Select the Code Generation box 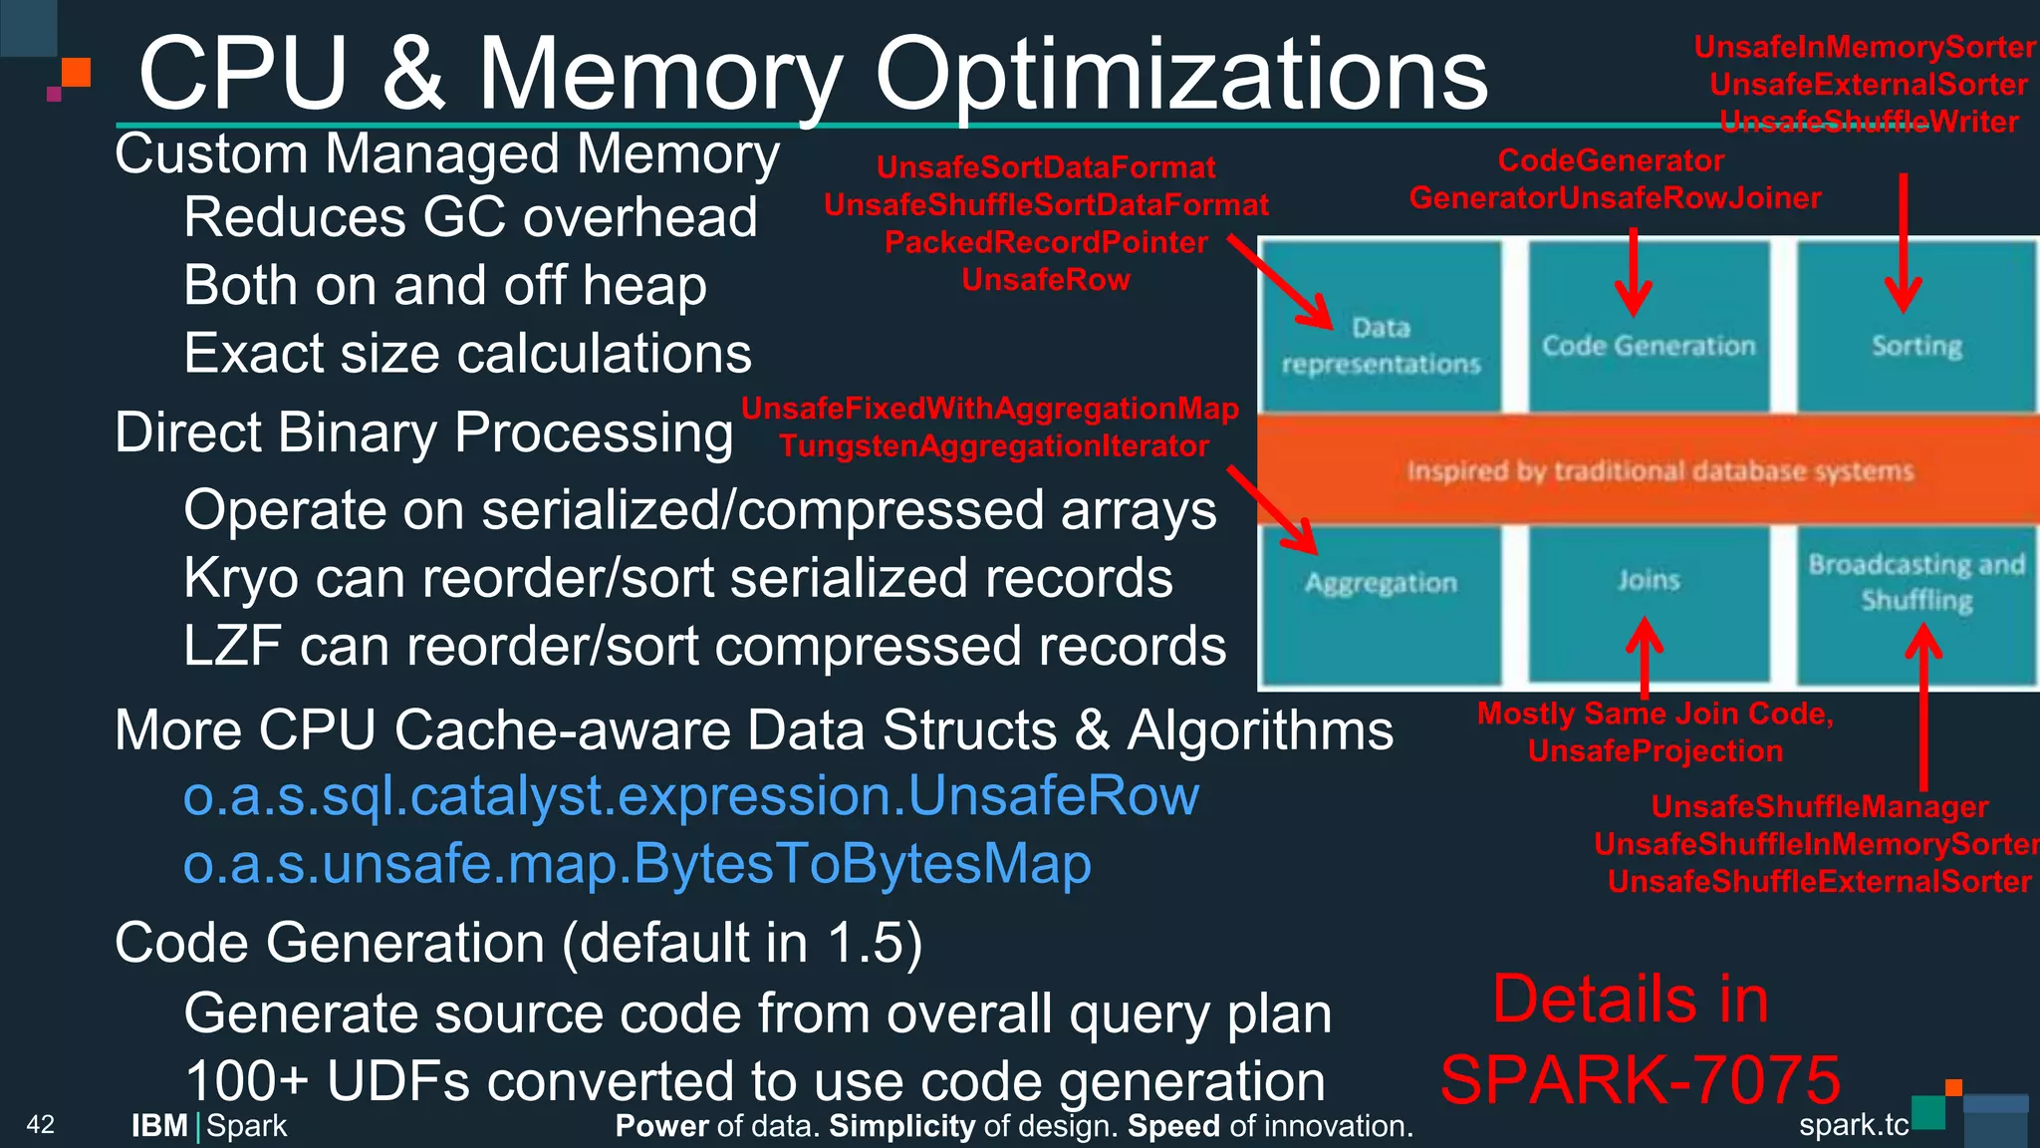tap(1649, 345)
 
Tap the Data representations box tap(1381, 345)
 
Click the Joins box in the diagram tap(1649, 580)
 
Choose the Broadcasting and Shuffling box tap(1916, 582)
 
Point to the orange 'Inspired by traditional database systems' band tap(1659, 470)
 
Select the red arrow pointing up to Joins tap(1645, 658)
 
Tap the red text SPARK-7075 tap(1640, 1080)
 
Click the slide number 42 tap(41, 1125)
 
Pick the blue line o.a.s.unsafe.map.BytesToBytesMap tap(637, 864)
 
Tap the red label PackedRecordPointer tap(1046, 242)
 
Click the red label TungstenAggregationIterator tap(994, 445)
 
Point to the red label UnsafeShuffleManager tap(1819, 806)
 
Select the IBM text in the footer tap(160, 1126)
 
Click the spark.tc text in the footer tap(1853, 1125)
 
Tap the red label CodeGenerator tap(1611, 160)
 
